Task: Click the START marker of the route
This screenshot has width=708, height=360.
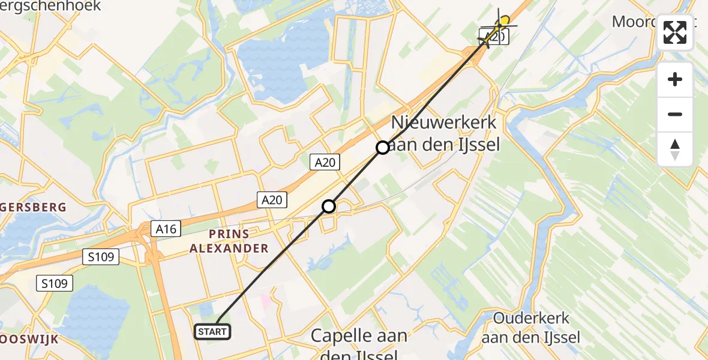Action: tap(212, 331)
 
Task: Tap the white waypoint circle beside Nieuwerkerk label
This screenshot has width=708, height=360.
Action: tap(383, 147)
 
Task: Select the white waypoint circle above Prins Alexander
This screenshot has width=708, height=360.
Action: tap(329, 206)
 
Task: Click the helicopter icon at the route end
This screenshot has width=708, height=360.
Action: tap(497, 29)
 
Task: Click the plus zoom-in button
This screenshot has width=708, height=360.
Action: tap(675, 79)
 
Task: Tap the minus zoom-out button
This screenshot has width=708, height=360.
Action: tap(675, 114)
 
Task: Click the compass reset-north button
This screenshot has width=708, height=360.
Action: tap(675, 149)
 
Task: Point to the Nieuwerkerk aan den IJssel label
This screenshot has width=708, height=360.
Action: tap(444, 133)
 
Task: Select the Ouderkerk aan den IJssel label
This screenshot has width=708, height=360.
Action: tap(530, 328)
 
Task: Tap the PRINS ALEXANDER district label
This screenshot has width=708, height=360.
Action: tap(238, 240)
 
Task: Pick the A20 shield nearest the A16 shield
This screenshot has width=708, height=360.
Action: tap(272, 200)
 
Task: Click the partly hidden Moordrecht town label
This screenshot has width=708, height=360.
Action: tap(636, 22)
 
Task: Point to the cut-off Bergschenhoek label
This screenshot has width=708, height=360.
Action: tap(50, 7)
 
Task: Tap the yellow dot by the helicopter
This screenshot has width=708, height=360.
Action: tap(505, 20)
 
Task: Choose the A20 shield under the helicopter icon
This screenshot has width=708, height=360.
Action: tap(494, 37)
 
